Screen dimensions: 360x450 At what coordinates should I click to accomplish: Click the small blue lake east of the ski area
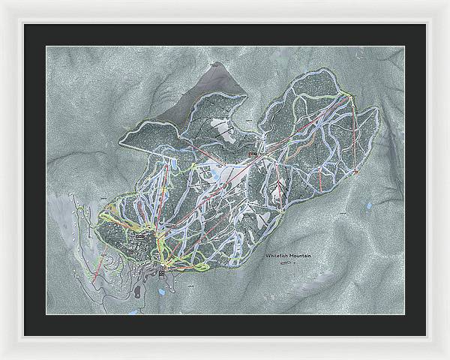[367, 204]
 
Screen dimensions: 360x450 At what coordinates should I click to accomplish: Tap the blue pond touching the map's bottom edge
[133, 310]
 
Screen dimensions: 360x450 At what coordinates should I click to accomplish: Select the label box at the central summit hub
[252, 154]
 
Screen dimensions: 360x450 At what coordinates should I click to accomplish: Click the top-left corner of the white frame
[2, 2]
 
